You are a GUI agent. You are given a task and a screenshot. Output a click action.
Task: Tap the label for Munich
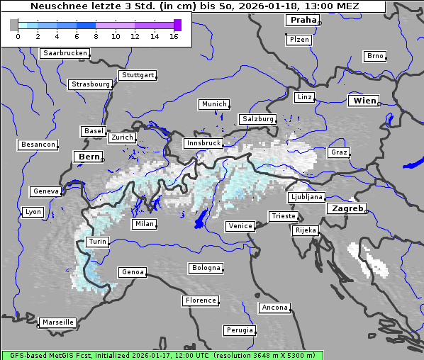(x=213, y=104)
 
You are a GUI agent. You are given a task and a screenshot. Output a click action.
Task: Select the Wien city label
(x=364, y=101)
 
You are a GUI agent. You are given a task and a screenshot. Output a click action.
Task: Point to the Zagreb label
(x=347, y=208)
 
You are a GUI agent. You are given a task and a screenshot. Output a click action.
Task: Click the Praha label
(x=303, y=20)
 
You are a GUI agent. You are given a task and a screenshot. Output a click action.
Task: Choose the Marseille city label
(x=57, y=322)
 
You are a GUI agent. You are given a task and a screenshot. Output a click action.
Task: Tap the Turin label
(x=97, y=242)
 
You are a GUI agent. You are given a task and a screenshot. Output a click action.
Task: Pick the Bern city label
(x=89, y=156)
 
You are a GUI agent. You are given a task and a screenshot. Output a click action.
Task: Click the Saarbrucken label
(x=65, y=53)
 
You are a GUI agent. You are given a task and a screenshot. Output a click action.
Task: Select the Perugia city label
(x=239, y=330)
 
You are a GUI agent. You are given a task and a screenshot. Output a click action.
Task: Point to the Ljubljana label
(x=306, y=197)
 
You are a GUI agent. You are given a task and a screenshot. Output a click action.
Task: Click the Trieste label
(x=282, y=216)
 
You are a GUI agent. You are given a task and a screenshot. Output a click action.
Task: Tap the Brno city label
(x=374, y=56)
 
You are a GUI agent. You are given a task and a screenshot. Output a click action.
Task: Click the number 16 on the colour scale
(x=174, y=36)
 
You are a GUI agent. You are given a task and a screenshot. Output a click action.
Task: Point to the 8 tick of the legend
(x=96, y=36)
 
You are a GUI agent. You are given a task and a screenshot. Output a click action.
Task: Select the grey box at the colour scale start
(x=14, y=25)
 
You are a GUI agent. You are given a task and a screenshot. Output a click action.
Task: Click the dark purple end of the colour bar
(x=177, y=25)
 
